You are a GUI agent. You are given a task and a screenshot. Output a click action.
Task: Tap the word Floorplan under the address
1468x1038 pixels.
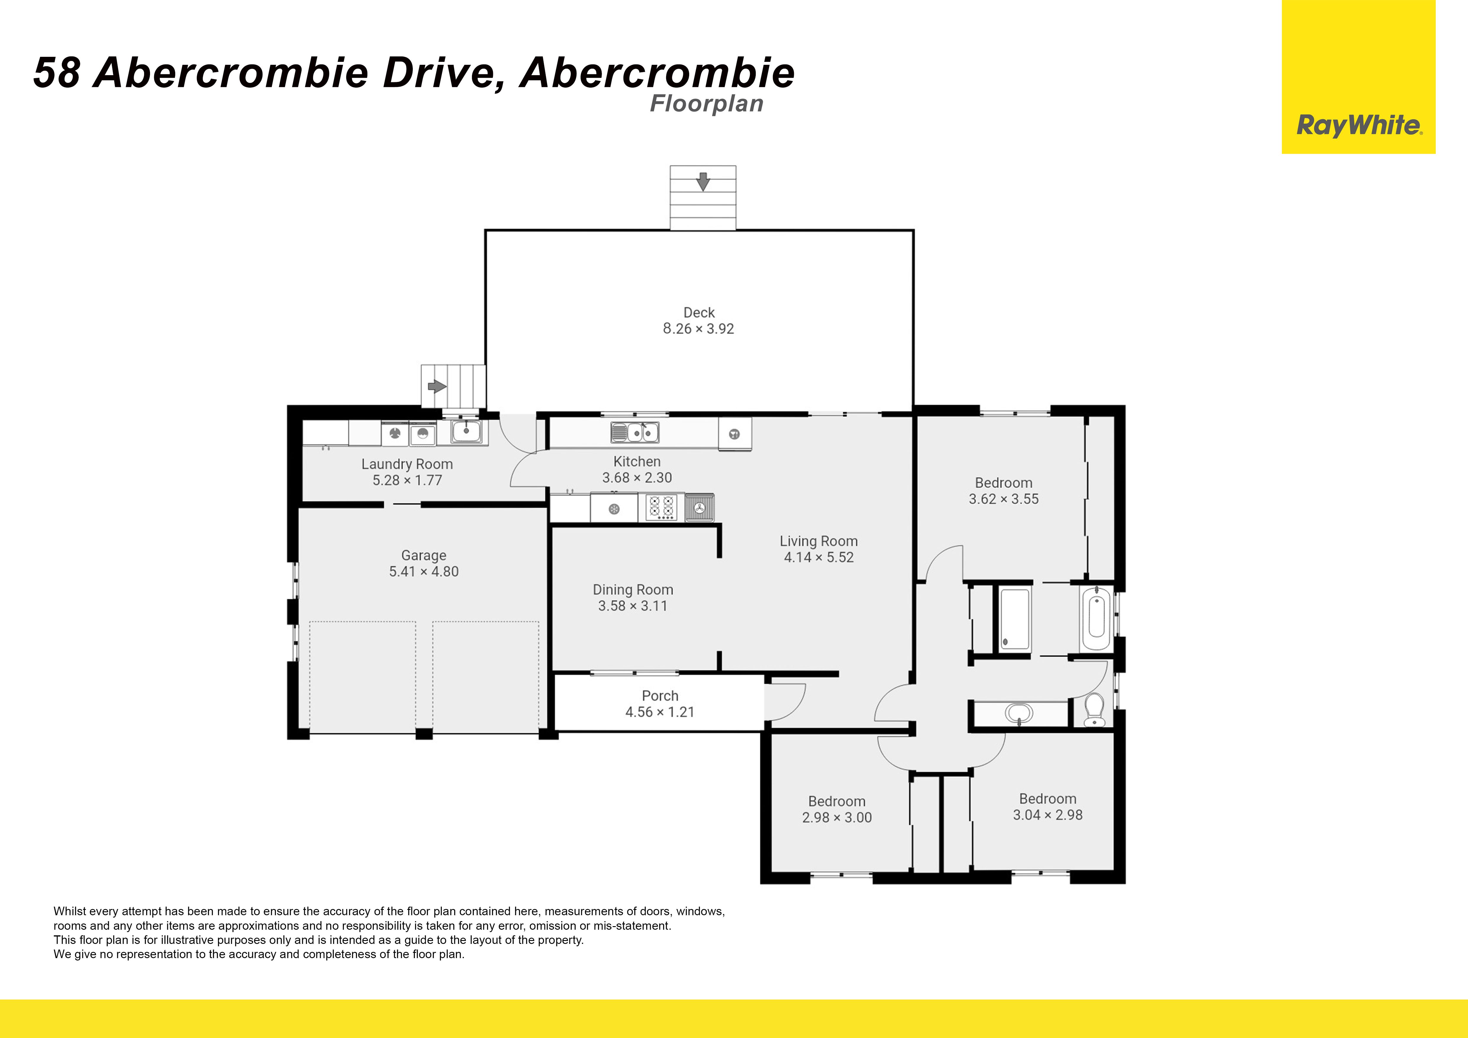point(707,104)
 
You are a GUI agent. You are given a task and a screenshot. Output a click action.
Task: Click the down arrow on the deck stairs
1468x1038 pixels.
point(703,181)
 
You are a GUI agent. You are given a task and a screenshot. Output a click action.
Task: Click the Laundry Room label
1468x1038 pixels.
point(407,464)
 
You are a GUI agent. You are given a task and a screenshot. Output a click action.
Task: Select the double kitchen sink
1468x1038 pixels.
point(635,433)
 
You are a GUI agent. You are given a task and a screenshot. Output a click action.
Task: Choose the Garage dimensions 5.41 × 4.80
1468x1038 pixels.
point(424,571)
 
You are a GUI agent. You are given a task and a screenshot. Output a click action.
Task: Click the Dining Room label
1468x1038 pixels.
point(633,589)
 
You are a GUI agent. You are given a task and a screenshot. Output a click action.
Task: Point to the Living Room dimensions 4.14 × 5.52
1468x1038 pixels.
point(819,557)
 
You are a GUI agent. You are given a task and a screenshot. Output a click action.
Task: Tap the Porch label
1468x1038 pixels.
point(660,695)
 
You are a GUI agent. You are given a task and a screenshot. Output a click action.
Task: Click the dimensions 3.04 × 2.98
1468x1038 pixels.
point(1048,815)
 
